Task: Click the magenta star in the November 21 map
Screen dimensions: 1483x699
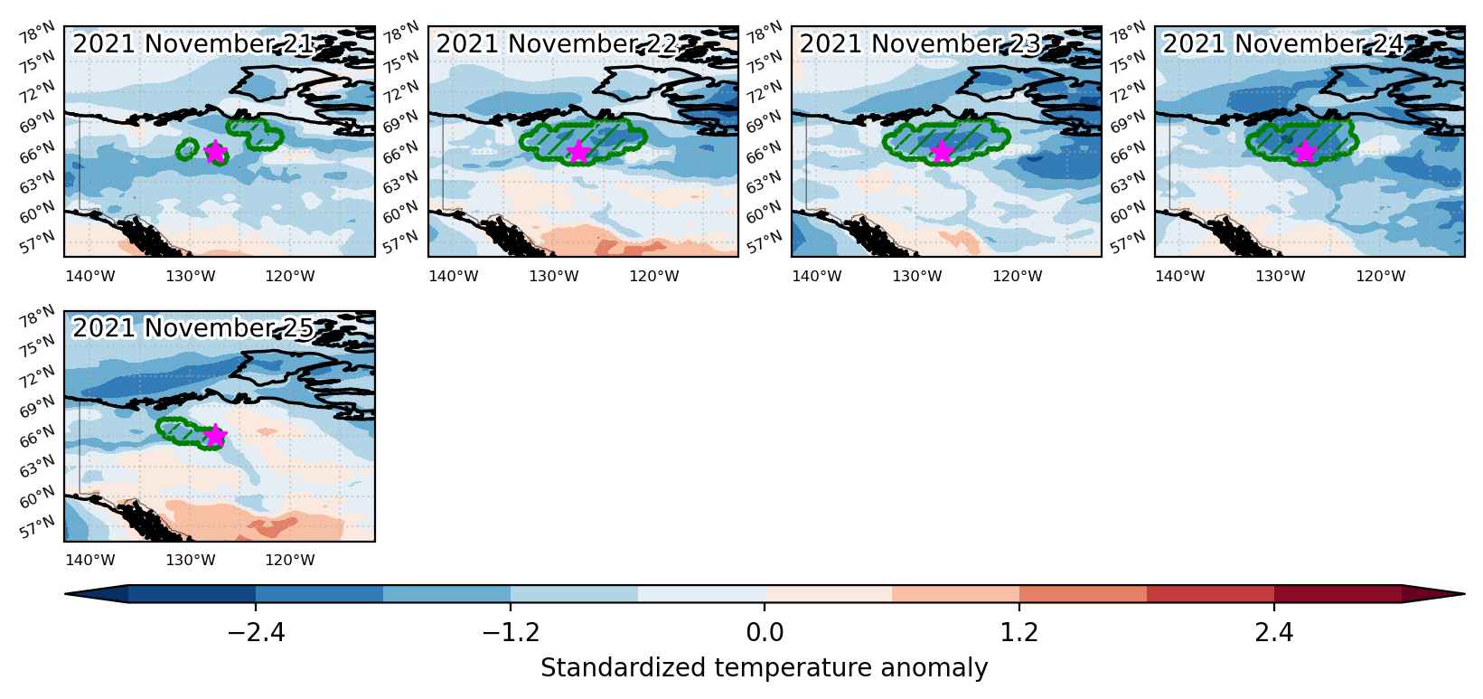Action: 214,152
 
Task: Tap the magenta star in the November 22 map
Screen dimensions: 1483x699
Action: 578,152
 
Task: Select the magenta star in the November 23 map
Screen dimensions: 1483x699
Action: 942,152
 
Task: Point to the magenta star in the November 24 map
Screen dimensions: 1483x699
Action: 1305,152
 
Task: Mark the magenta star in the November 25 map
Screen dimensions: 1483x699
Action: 215,435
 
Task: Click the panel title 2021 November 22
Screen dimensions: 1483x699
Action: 557,43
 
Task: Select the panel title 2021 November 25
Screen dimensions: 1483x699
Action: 193,328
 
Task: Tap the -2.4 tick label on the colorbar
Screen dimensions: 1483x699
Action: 256,633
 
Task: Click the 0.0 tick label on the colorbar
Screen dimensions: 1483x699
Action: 765,633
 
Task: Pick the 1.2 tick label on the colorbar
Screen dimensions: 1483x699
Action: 1018,633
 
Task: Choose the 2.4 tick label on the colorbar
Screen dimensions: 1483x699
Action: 1274,633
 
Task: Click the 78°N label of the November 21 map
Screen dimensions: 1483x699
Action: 38,32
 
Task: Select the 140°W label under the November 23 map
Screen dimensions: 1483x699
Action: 817,276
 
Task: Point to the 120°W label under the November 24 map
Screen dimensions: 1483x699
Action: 1380,276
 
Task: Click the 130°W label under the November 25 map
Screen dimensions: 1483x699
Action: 190,560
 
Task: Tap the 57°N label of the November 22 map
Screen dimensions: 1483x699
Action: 401,242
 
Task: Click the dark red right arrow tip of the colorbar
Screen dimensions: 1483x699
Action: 1463,594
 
